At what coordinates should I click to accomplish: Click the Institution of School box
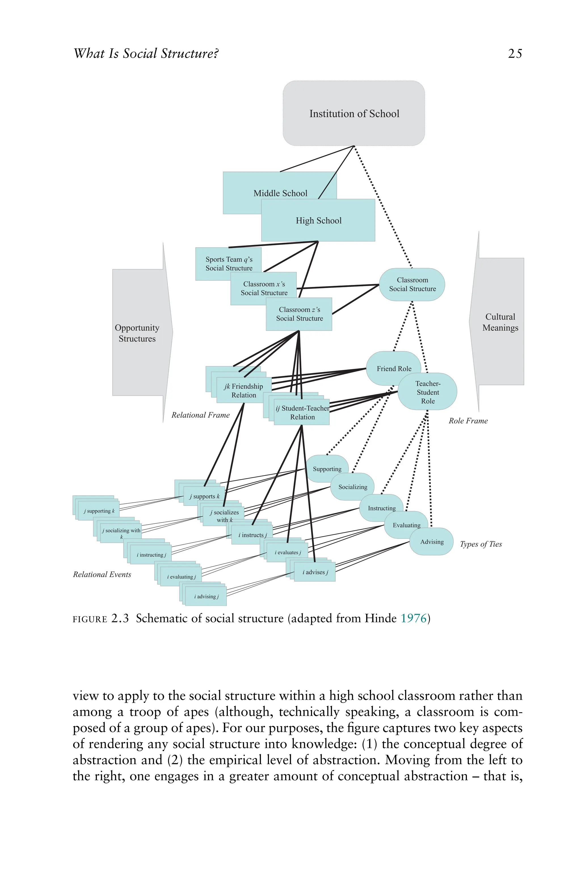coord(354,113)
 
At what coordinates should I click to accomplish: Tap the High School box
coord(318,220)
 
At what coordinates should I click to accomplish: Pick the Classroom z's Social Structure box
coord(299,314)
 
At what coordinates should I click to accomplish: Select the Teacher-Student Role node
coord(428,392)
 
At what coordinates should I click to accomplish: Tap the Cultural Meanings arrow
coord(500,322)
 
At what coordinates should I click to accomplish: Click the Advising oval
coord(432,542)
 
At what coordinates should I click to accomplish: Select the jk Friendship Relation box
coord(243,391)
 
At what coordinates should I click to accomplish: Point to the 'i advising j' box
coord(206,596)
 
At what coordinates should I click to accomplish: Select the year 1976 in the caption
coord(414,618)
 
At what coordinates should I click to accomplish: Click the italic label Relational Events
coord(102,574)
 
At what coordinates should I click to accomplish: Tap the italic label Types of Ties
coord(481,544)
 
